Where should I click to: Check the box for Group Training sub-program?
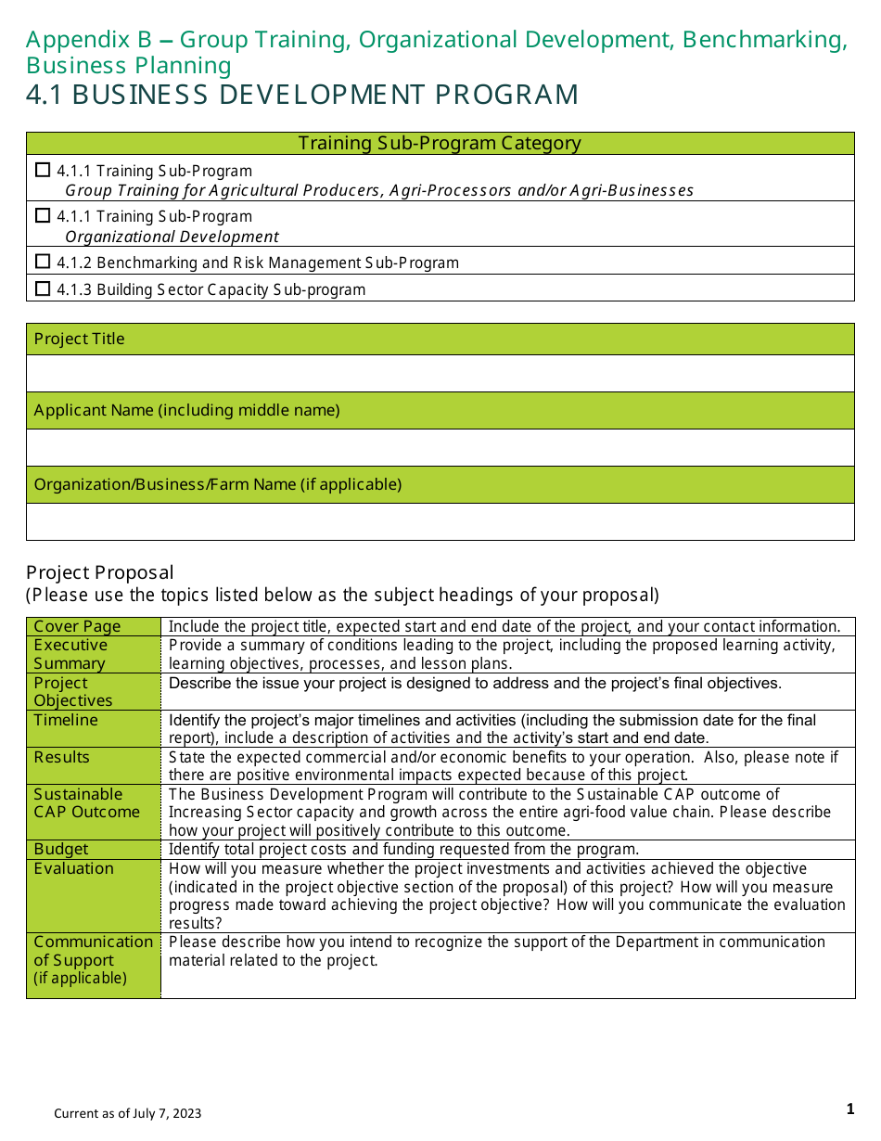point(42,170)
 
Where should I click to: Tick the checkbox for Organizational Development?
point(42,215)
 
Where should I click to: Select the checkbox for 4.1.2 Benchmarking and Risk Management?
point(42,262)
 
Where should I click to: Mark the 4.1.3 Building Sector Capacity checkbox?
point(42,288)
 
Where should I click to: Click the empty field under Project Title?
point(440,373)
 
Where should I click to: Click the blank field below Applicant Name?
point(440,447)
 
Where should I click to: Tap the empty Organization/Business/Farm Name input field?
point(440,521)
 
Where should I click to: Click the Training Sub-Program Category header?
point(440,143)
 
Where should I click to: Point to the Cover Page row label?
point(77,626)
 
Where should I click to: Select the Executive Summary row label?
point(70,654)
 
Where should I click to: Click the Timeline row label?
point(66,720)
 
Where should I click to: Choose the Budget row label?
point(61,849)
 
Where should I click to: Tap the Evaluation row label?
point(73,868)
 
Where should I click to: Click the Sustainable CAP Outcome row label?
point(86,802)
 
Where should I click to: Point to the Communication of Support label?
point(93,951)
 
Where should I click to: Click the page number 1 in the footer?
point(849,1109)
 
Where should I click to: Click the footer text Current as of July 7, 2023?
point(127,1113)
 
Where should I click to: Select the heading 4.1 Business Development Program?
point(302,95)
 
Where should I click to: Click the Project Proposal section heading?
point(100,571)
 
